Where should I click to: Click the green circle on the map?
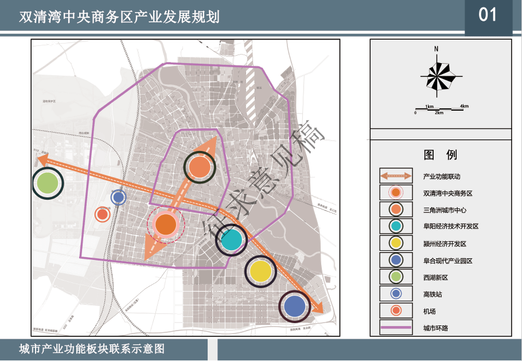coord(48,183)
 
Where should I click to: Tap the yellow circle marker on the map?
coord(260,272)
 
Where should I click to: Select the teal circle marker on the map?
coord(231,240)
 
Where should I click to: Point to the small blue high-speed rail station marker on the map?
coord(118,197)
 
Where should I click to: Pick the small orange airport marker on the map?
coord(103,215)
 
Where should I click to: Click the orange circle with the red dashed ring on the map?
coord(165,224)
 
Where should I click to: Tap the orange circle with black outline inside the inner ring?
coord(199,167)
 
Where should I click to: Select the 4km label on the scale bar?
coord(464,106)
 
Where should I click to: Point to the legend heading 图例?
coord(441,155)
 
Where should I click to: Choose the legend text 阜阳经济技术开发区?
coord(450,227)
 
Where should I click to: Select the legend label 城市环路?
coord(435,328)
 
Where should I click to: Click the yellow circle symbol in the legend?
coord(396,243)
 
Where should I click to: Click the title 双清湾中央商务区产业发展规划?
coord(119,17)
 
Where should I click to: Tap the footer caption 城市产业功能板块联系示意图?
coord(92,349)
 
